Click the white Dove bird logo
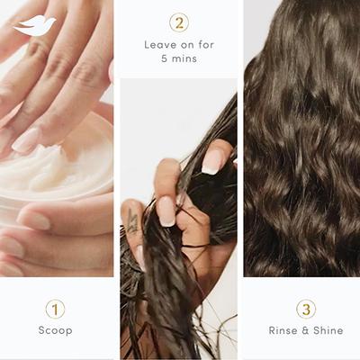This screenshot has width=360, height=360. pyautogui.click(x=34, y=26)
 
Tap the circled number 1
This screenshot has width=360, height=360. pyautogui.click(x=55, y=309)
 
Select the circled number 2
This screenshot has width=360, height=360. pyautogui.click(x=179, y=22)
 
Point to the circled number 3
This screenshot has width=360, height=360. pyautogui.click(x=306, y=309)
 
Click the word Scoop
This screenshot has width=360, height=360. pyautogui.click(x=55, y=331)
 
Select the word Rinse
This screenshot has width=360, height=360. pyautogui.click(x=283, y=331)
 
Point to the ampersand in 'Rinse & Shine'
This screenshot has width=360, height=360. pyautogui.click(x=305, y=331)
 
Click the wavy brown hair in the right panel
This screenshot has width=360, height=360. pyautogui.click(x=301, y=144)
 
